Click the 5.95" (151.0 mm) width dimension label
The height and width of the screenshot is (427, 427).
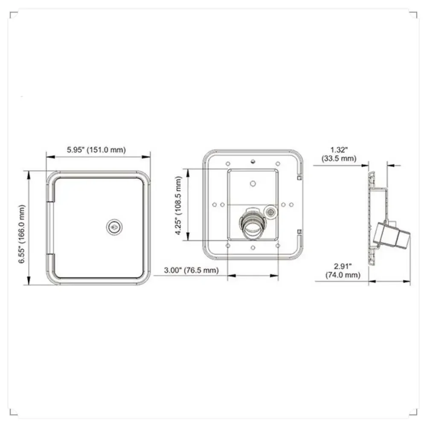pos(96,150)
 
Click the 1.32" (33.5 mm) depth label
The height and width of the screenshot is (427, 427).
pos(339,154)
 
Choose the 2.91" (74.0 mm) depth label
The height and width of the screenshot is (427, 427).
pos(343,271)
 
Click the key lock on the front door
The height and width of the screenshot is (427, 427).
pos(113,227)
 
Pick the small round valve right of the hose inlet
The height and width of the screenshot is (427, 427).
pos(270,211)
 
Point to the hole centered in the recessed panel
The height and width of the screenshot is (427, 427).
pos(253,183)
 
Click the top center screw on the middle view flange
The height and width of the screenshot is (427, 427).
pos(253,161)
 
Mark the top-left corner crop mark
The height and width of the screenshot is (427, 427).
pos(12,15)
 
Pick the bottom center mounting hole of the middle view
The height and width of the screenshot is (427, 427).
pos(253,248)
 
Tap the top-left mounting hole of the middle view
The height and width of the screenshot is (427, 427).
pos(228,163)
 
